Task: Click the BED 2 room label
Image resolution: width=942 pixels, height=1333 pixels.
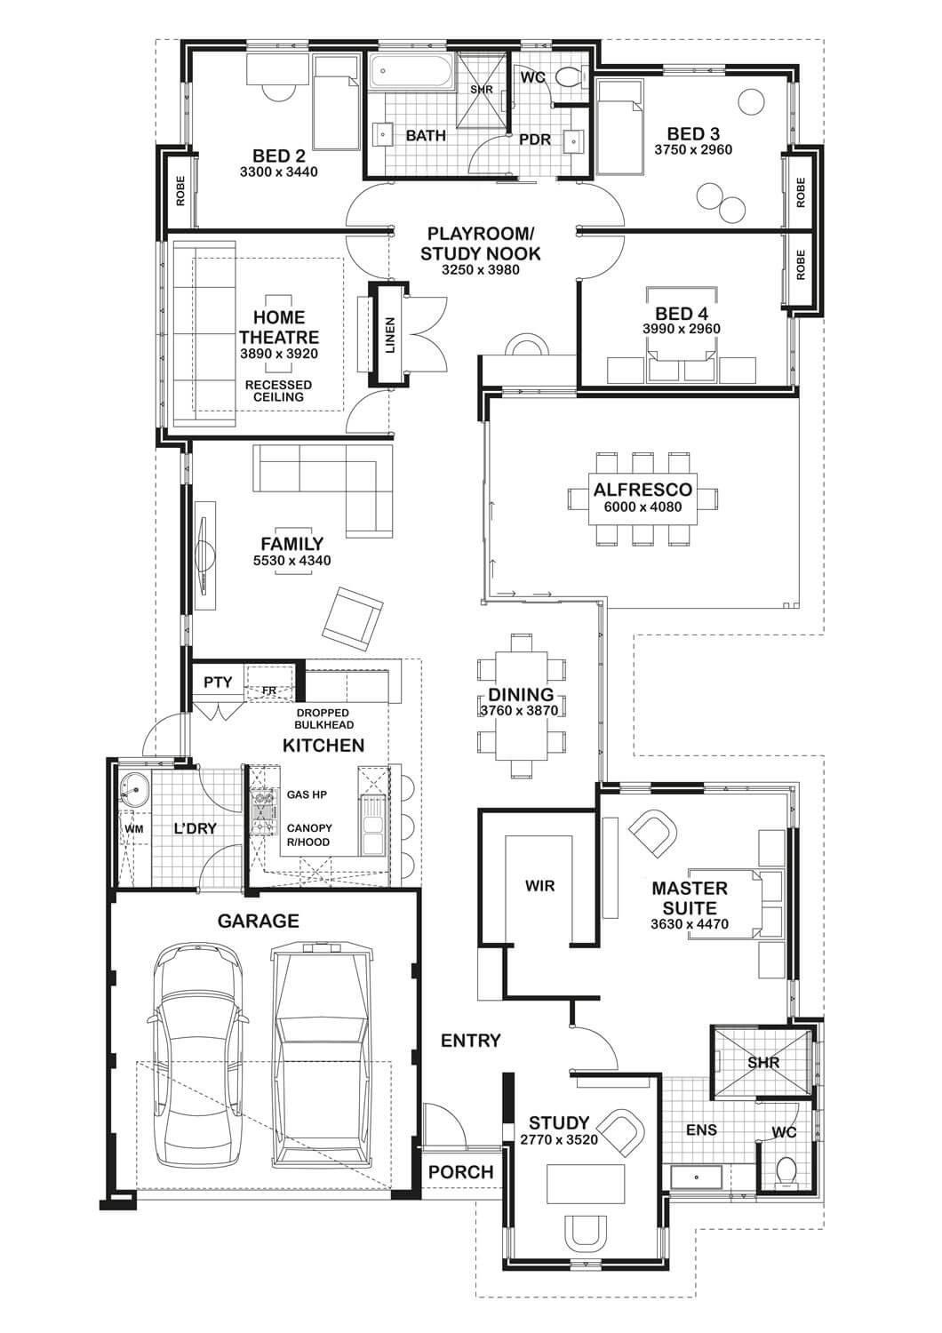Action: (x=278, y=156)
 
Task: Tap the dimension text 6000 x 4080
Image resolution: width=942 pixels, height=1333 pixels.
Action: (x=643, y=507)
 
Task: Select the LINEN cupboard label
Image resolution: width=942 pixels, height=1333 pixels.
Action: (x=390, y=336)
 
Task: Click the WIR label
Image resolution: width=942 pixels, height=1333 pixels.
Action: (x=539, y=886)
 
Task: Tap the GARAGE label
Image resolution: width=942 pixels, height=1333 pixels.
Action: (x=259, y=922)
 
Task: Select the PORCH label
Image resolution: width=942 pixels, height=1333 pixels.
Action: (x=461, y=1172)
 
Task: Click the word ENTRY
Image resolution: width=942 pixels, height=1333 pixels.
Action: (x=471, y=1041)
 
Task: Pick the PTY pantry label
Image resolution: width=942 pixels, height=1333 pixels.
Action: (x=218, y=682)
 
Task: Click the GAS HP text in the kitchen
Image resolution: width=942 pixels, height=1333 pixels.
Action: (x=307, y=794)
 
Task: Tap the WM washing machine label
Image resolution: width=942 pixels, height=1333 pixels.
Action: (x=134, y=829)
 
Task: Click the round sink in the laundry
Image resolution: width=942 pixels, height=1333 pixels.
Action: (x=134, y=790)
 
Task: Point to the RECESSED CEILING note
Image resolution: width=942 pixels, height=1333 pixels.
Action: (x=278, y=391)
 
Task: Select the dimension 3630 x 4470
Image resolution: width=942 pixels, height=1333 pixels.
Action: (x=690, y=924)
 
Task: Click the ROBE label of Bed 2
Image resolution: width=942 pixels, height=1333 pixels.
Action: (x=180, y=191)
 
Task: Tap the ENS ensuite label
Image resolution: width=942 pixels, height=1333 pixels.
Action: (x=701, y=1130)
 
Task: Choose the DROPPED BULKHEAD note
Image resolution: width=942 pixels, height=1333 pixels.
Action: (x=324, y=719)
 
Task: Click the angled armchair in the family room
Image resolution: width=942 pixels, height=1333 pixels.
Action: (x=352, y=619)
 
